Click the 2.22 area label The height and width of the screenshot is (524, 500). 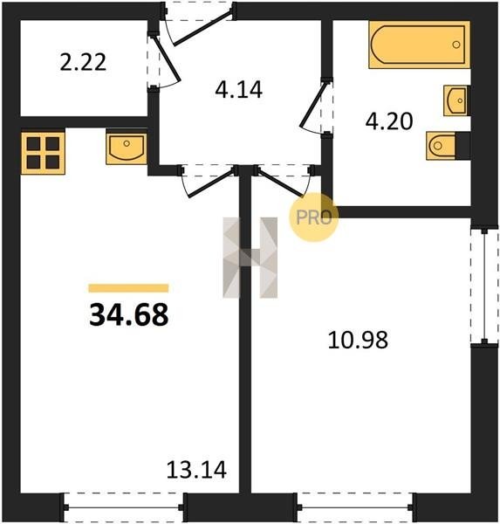point(83,62)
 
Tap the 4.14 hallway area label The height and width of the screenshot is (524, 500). point(238,90)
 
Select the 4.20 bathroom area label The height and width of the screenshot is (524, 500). point(389,121)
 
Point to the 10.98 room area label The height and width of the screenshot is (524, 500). point(358,341)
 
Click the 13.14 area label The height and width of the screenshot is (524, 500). point(196,470)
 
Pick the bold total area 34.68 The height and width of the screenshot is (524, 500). point(129,315)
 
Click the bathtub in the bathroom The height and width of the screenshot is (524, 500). point(420,45)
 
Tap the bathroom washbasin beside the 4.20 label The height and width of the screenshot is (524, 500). point(455,100)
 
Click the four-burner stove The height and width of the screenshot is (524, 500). point(43,153)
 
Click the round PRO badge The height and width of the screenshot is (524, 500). point(313,217)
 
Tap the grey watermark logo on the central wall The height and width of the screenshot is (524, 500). point(250,258)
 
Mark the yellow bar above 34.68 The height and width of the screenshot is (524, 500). point(128,288)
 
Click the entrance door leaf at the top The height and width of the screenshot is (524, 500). point(202,28)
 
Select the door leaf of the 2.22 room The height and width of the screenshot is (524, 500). point(168,59)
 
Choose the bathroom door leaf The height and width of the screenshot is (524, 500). point(313,105)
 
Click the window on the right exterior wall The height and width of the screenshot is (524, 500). point(484,286)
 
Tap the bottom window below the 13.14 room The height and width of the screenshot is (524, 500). point(124,507)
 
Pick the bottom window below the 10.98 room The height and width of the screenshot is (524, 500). point(356,507)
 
